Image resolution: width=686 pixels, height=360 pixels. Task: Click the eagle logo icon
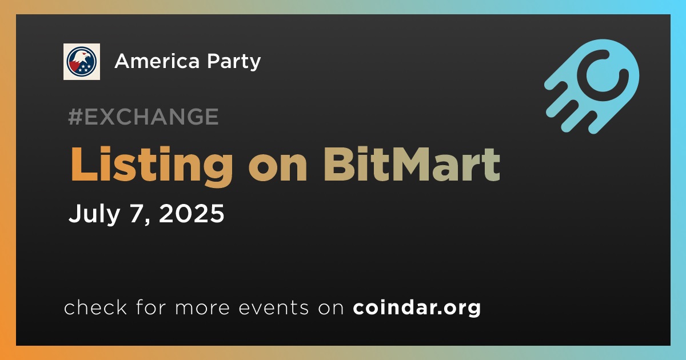pos(81,62)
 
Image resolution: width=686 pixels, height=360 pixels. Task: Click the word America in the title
pos(157,61)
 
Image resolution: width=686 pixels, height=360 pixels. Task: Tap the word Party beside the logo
pos(234,62)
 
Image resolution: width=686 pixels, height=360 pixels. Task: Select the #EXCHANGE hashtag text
pos(143,117)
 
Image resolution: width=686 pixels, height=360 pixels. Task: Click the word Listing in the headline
pos(151,166)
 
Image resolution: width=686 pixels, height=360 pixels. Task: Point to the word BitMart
pos(412,164)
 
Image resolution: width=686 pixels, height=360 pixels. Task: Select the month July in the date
pos(94,214)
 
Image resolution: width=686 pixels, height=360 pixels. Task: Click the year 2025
pos(192,213)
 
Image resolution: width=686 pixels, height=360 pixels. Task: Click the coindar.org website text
pos(417,307)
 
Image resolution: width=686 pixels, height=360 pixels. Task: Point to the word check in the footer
pos(95,307)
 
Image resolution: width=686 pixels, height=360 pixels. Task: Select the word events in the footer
pos(273,308)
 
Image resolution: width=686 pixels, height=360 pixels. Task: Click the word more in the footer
pos(202,309)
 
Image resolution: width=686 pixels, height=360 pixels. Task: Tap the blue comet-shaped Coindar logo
pos(592,86)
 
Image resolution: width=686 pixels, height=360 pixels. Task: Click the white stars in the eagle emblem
pos(84,68)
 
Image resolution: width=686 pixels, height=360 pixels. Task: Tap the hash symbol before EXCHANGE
pos(75,117)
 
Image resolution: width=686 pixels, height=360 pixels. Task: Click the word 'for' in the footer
pos(151,307)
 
